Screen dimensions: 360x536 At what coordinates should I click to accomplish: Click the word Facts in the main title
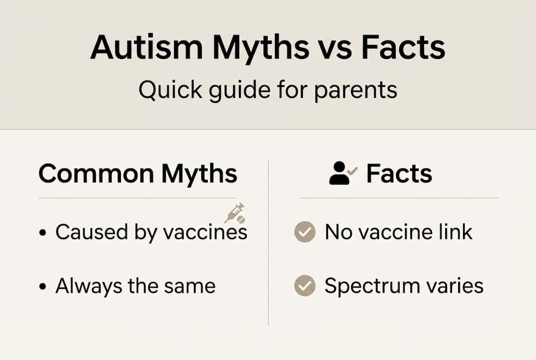pos(403,48)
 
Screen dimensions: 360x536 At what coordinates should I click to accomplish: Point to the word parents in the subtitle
pos(355,91)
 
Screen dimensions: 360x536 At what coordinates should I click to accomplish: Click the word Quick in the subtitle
pos(166,90)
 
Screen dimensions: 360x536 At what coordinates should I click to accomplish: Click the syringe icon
pos(234,212)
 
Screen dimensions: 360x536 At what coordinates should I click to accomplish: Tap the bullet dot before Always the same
pos(43,286)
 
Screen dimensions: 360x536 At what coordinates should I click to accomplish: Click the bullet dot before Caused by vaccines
pos(43,233)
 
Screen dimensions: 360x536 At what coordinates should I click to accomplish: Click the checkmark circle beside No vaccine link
pos(305,232)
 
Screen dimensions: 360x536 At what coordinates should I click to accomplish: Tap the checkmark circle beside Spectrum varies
pos(305,286)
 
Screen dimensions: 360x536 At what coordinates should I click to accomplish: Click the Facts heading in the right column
pos(399,174)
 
